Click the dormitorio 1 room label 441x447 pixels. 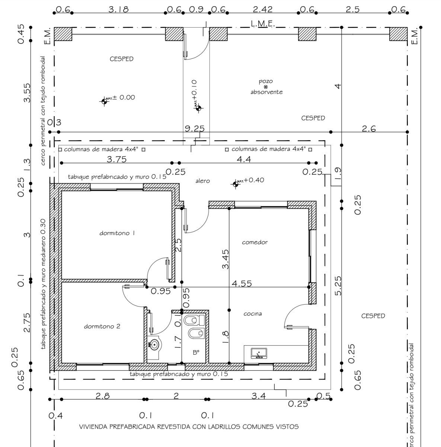[117, 234]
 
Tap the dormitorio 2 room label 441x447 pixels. [102, 327]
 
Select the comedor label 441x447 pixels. [255, 242]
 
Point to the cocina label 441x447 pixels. [253, 314]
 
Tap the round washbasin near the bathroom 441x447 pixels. [154, 345]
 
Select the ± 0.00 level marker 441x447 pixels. [105, 101]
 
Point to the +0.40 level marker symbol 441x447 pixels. [235, 184]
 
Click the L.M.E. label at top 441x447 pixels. [263, 23]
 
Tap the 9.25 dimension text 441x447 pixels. [195, 129]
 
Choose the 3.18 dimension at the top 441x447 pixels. [118, 10]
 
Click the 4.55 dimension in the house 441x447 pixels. [242, 284]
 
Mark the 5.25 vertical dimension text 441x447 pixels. [338, 286]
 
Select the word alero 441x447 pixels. [202, 181]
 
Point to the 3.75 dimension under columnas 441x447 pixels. [116, 159]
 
